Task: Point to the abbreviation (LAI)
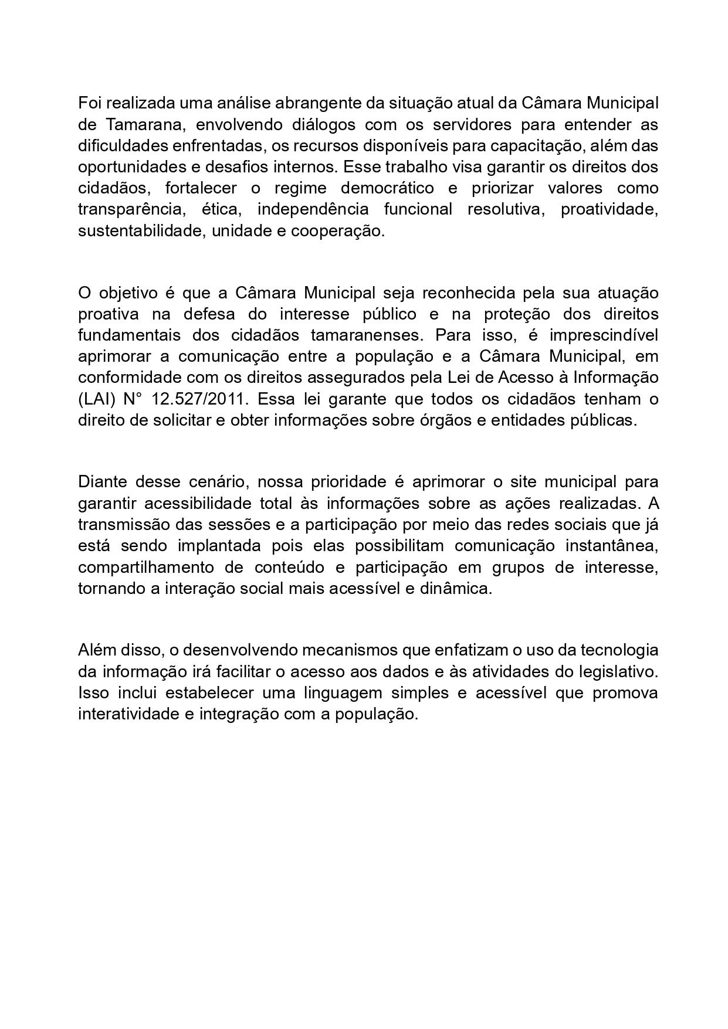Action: pos(95,399)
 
